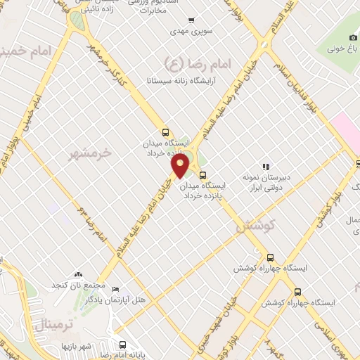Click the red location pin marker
(x=181, y=165)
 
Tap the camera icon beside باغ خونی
(x=353, y=37)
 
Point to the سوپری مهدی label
(x=187, y=32)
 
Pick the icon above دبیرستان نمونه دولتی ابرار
(x=266, y=167)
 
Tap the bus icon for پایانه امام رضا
(x=123, y=345)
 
